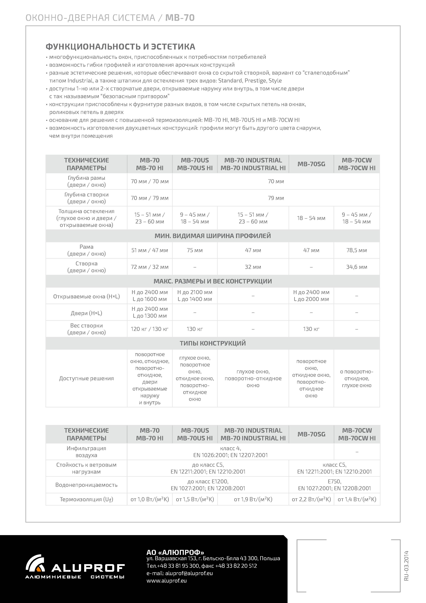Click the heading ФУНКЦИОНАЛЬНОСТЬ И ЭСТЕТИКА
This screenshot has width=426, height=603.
click(120, 47)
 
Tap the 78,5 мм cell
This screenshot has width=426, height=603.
click(356, 250)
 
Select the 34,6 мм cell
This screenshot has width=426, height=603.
click(356, 267)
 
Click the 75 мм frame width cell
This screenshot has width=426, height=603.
click(195, 250)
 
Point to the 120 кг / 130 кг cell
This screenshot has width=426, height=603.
click(150, 329)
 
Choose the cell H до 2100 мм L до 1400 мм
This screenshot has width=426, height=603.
click(195, 295)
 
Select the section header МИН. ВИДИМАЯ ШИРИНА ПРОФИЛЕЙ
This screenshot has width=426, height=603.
click(213, 236)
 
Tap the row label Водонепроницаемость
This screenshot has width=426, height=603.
click(86, 485)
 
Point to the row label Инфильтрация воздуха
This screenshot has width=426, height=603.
click(86, 452)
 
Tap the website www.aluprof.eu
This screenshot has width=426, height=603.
click(166, 580)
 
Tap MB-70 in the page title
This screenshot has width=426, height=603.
click(180, 18)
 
